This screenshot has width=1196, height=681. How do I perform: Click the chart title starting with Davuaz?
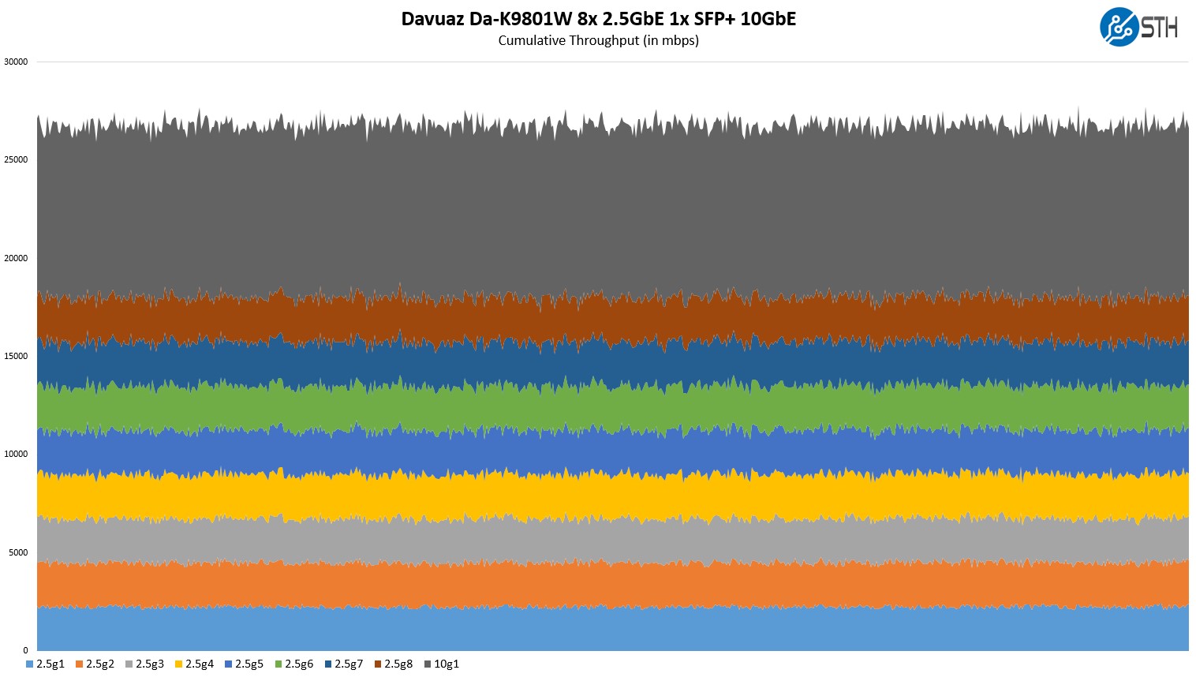pos(598,18)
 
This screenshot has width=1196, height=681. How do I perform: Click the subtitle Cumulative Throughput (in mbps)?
pos(598,40)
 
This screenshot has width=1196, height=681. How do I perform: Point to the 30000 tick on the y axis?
pos(16,62)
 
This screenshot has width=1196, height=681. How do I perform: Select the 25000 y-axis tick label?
pos(16,159)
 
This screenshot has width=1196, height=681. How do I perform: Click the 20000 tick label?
pos(16,258)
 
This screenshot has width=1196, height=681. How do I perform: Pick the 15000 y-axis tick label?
pos(16,356)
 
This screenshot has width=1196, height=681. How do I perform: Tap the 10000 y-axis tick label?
pos(16,454)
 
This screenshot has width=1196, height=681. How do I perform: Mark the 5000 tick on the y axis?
pos(18,552)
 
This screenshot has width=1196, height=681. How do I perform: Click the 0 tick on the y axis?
pos(25,650)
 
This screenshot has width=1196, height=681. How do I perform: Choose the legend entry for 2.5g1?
pos(46,664)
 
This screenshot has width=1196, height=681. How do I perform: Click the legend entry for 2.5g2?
pos(95,664)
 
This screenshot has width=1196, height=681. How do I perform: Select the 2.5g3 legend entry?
pos(145,664)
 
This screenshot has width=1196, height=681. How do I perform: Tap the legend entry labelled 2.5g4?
pos(195,664)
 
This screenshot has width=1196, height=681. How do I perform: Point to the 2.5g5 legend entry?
pos(245,664)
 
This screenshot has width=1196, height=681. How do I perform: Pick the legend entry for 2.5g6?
pos(294,664)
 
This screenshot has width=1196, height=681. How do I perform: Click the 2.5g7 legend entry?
pos(344,664)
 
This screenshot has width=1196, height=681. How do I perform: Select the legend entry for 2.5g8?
pos(394,664)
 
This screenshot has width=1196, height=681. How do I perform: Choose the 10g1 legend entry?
pos(442,664)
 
